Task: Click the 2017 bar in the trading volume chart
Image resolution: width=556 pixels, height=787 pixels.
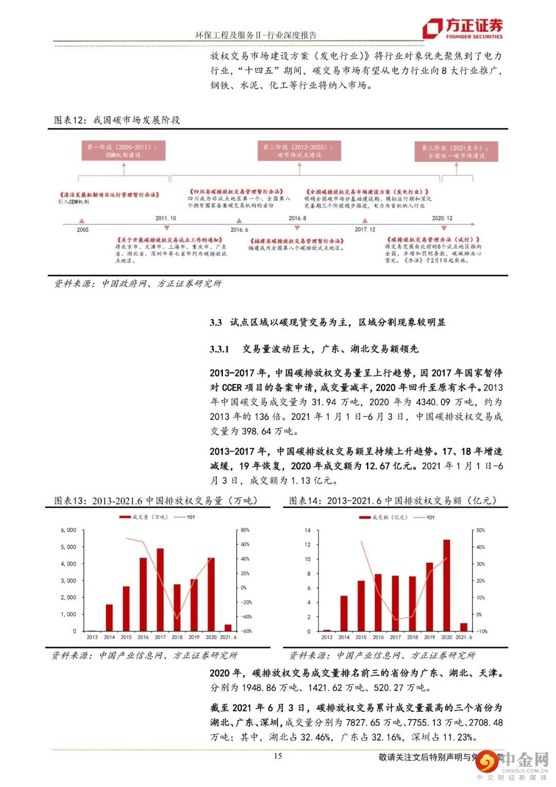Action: point(160,590)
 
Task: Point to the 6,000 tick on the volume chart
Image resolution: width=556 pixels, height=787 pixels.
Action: point(68,530)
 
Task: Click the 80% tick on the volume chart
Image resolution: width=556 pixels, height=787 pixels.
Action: point(245,530)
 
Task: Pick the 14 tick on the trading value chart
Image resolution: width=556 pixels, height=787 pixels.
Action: point(308,530)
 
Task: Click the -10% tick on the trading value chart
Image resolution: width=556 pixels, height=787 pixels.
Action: point(481,631)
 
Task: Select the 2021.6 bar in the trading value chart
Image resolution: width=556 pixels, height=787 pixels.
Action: point(463,627)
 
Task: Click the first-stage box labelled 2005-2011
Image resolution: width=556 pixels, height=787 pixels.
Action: point(124,151)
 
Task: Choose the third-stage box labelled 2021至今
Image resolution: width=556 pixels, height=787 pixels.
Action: point(456,151)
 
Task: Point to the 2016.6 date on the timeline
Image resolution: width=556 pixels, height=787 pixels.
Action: point(239,230)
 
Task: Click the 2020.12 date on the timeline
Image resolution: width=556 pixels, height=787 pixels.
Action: point(442,218)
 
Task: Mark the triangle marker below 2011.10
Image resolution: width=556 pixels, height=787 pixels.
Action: point(166,227)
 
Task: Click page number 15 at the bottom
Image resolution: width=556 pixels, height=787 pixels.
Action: point(277,756)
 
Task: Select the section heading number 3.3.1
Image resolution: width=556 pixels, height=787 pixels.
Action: point(222,349)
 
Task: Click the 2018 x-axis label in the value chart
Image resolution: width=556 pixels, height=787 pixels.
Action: point(412,638)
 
